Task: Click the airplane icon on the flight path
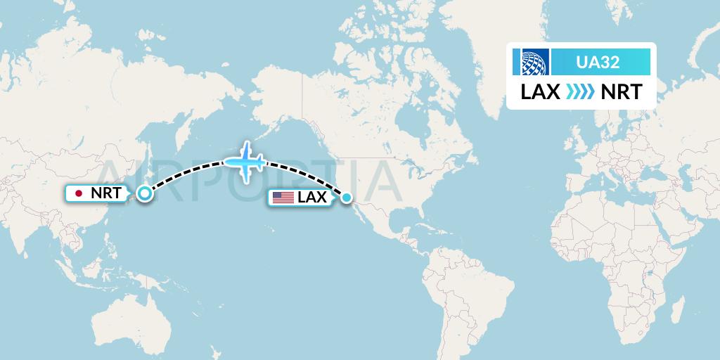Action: [x=244, y=162]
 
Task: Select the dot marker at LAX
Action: [x=347, y=198]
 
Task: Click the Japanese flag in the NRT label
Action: [x=79, y=193]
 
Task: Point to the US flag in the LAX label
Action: [x=283, y=198]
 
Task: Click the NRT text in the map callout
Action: [x=105, y=193]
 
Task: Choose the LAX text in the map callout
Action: [x=311, y=198]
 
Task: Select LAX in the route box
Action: [x=540, y=92]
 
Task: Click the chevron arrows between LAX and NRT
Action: [x=581, y=92]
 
